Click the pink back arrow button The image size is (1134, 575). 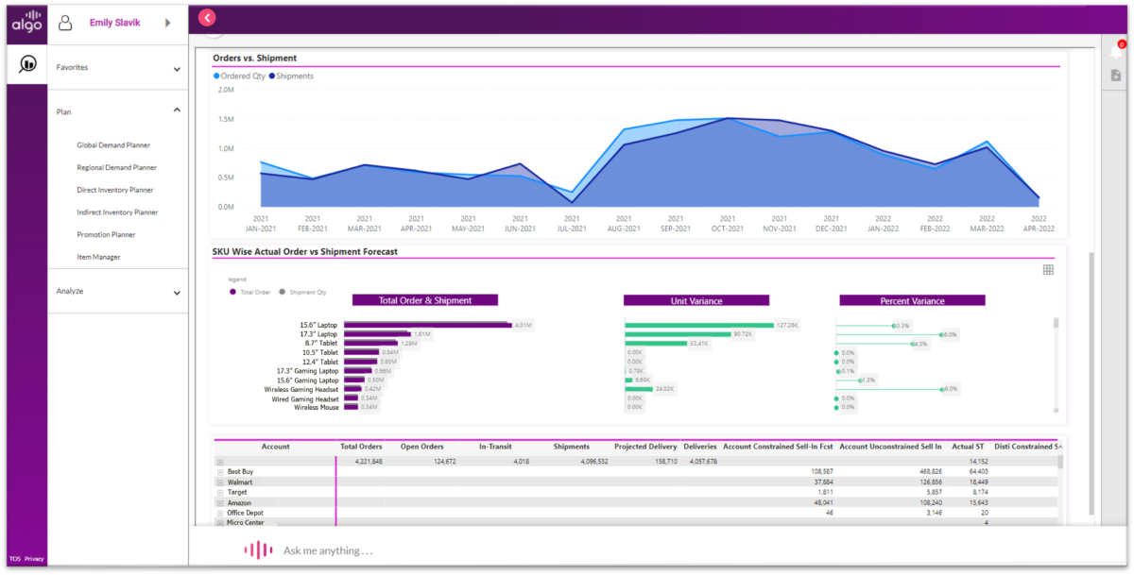point(208,17)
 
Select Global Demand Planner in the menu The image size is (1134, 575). point(113,145)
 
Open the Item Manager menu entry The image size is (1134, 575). point(99,257)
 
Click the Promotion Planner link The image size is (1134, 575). point(106,234)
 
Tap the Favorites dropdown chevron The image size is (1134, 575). point(177,69)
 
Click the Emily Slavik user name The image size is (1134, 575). point(114,23)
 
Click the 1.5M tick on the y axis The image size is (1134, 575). point(226,119)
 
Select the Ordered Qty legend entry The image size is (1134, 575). point(240,76)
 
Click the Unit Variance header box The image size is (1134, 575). point(696,300)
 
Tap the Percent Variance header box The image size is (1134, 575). point(912,300)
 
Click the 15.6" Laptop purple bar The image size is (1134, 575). point(426,325)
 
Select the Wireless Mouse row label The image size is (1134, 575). point(315,408)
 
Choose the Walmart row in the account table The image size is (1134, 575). point(240,482)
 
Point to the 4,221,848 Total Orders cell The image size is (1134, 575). point(363,461)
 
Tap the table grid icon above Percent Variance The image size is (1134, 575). point(1048,270)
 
